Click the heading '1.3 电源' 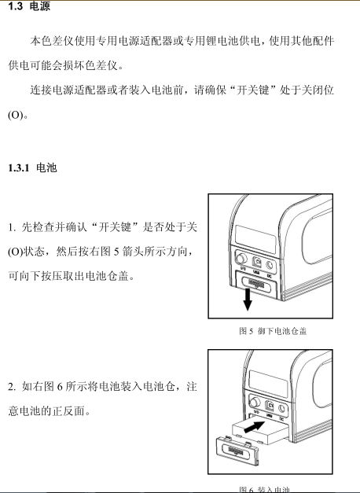pos(25,7)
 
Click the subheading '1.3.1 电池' pos(31,168)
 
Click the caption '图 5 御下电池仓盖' pos(272,331)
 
